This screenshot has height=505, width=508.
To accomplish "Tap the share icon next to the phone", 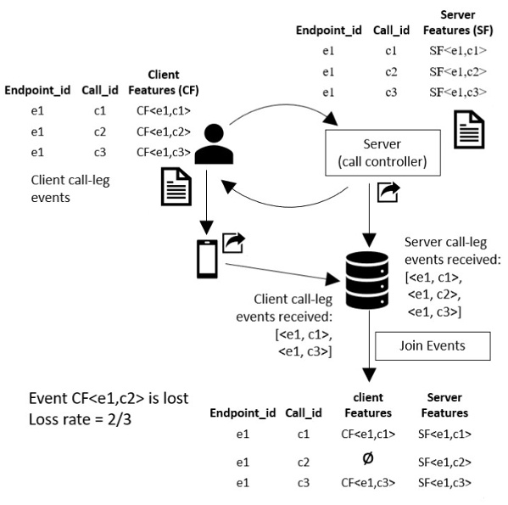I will click(234, 244).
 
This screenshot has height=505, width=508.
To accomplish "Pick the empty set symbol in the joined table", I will click(367, 458).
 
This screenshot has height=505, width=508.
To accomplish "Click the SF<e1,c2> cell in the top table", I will click(458, 71).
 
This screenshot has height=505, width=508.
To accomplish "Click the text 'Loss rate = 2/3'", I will click(82, 419).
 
